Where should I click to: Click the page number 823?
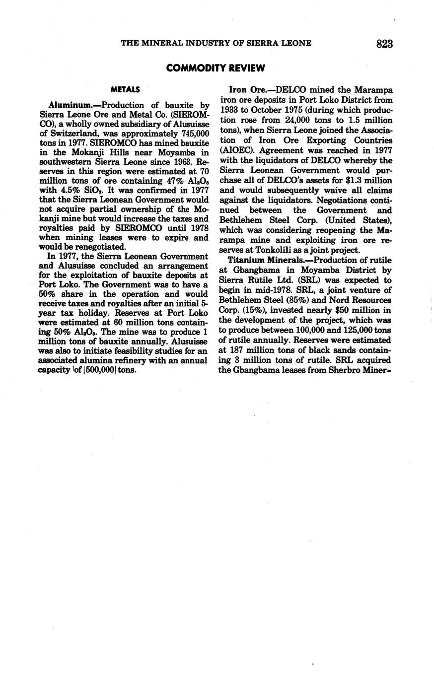(384, 44)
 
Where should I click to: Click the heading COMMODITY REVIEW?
(216, 68)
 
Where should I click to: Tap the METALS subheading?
(125, 90)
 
